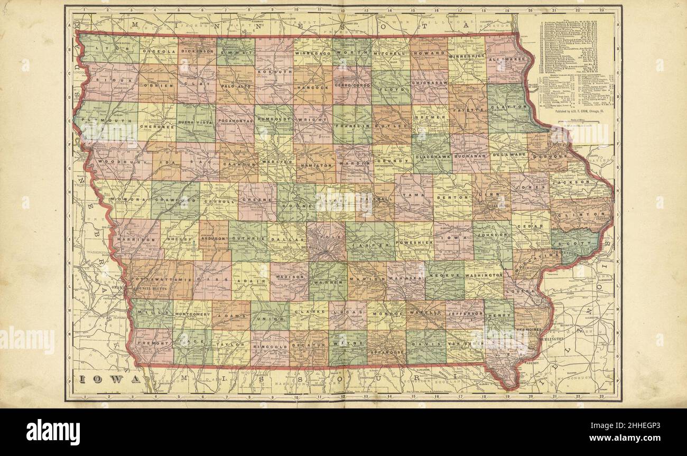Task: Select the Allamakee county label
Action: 508,60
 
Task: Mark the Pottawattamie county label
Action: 162,278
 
